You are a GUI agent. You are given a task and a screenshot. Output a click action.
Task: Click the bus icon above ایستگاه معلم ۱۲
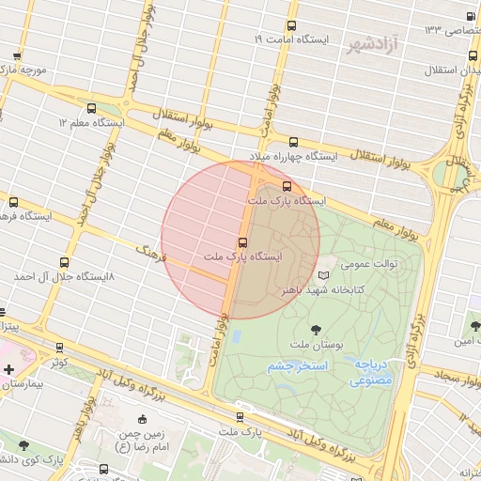[91, 108]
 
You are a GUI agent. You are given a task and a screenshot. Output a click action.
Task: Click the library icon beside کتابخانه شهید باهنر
[325, 275]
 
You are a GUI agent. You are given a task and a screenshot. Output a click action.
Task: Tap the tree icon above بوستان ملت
[315, 330]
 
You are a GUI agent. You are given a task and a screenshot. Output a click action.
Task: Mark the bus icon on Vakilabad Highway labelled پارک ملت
[240, 416]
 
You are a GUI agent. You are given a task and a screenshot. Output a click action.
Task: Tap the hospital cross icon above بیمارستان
[8, 369]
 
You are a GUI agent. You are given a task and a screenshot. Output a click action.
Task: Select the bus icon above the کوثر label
[60, 348]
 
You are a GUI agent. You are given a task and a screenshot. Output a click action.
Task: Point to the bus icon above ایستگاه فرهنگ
[13, 202]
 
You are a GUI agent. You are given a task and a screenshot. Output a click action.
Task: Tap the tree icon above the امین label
[474, 326]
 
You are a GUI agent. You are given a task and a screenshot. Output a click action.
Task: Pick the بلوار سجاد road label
[442, 375]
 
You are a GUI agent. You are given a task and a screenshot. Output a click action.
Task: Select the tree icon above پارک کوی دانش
[23, 446]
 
